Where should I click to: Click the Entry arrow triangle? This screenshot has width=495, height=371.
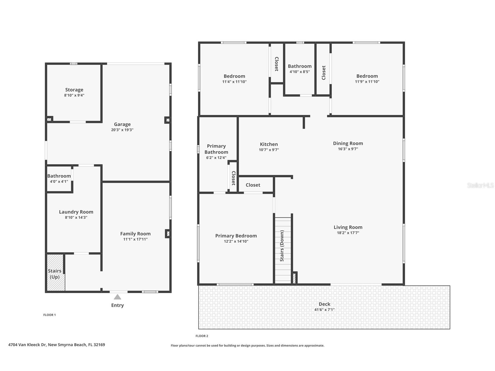(117, 297)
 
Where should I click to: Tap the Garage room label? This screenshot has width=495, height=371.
(122, 124)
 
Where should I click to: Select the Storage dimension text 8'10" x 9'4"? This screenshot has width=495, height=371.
(74, 95)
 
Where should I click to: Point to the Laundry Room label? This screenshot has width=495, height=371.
(76, 212)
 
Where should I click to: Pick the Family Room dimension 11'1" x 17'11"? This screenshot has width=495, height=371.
(135, 239)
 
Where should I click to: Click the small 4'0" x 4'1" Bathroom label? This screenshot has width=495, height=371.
(59, 176)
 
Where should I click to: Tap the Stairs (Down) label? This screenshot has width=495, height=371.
(282, 246)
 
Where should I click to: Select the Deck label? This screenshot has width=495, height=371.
(324, 304)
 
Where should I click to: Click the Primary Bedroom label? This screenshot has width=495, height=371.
(236, 236)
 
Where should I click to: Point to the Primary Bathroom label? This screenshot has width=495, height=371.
(216, 149)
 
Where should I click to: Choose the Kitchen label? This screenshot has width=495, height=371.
(269, 144)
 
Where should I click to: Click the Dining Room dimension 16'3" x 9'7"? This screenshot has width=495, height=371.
(348, 149)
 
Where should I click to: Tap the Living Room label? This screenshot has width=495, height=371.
(348, 227)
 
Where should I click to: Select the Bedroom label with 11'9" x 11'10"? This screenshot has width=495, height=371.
(367, 76)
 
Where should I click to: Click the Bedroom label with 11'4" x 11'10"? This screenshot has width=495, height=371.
(234, 76)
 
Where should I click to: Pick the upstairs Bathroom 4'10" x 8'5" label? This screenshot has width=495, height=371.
(300, 66)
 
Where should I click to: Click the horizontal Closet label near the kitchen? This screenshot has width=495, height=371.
(253, 185)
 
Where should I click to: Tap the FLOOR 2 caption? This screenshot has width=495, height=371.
(202, 336)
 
